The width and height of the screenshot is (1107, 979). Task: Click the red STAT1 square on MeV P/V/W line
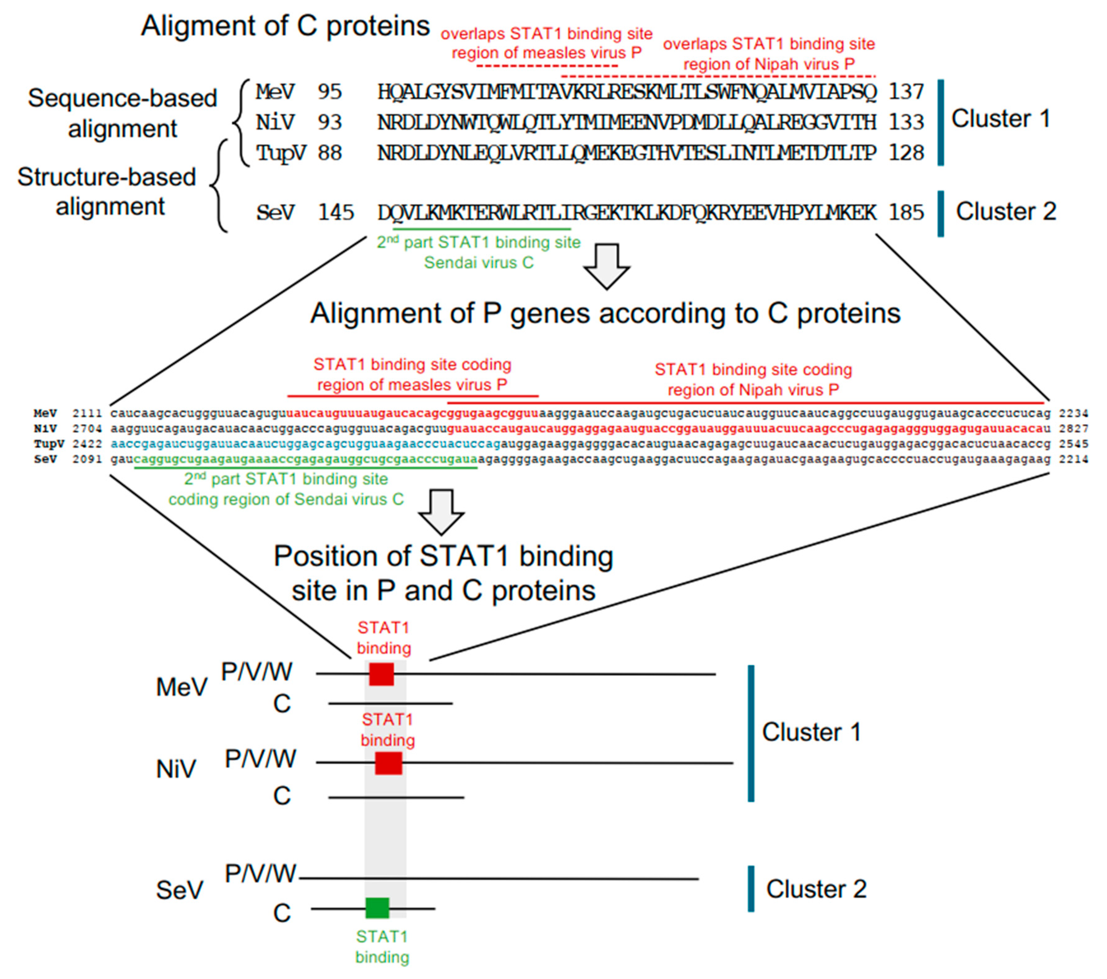coord(381,674)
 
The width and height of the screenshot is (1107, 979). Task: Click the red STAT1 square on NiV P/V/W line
coord(388,763)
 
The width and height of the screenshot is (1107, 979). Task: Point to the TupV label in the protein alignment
coord(281,153)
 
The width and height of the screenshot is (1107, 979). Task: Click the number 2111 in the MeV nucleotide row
coord(87,413)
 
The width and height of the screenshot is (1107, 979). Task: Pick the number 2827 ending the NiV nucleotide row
coord(1073,429)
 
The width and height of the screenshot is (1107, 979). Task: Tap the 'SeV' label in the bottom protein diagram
coord(179,890)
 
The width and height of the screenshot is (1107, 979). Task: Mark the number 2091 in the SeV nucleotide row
coord(87,459)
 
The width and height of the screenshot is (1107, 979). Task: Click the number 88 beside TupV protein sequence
coord(330,153)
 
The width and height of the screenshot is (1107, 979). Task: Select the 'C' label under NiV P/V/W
coord(282,796)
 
